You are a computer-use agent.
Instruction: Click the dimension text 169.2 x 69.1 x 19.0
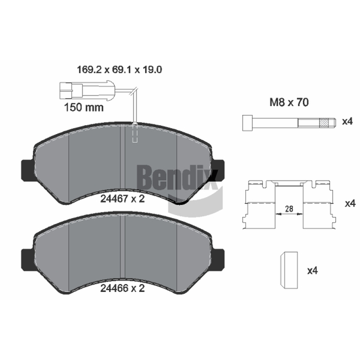pyautogui.click(x=119, y=70)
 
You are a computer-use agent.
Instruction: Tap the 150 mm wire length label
pyautogui.click(x=84, y=108)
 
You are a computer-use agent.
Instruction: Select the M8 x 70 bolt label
pyautogui.click(x=289, y=103)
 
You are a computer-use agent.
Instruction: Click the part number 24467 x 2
pyautogui.click(x=122, y=199)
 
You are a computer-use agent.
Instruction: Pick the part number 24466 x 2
pyautogui.click(x=122, y=288)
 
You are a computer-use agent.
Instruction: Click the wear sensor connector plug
pyautogui.click(x=86, y=91)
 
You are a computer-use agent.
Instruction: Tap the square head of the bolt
pyautogui.click(x=248, y=123)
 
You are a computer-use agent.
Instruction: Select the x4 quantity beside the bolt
pyautogui.click(x=347, y=121)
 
